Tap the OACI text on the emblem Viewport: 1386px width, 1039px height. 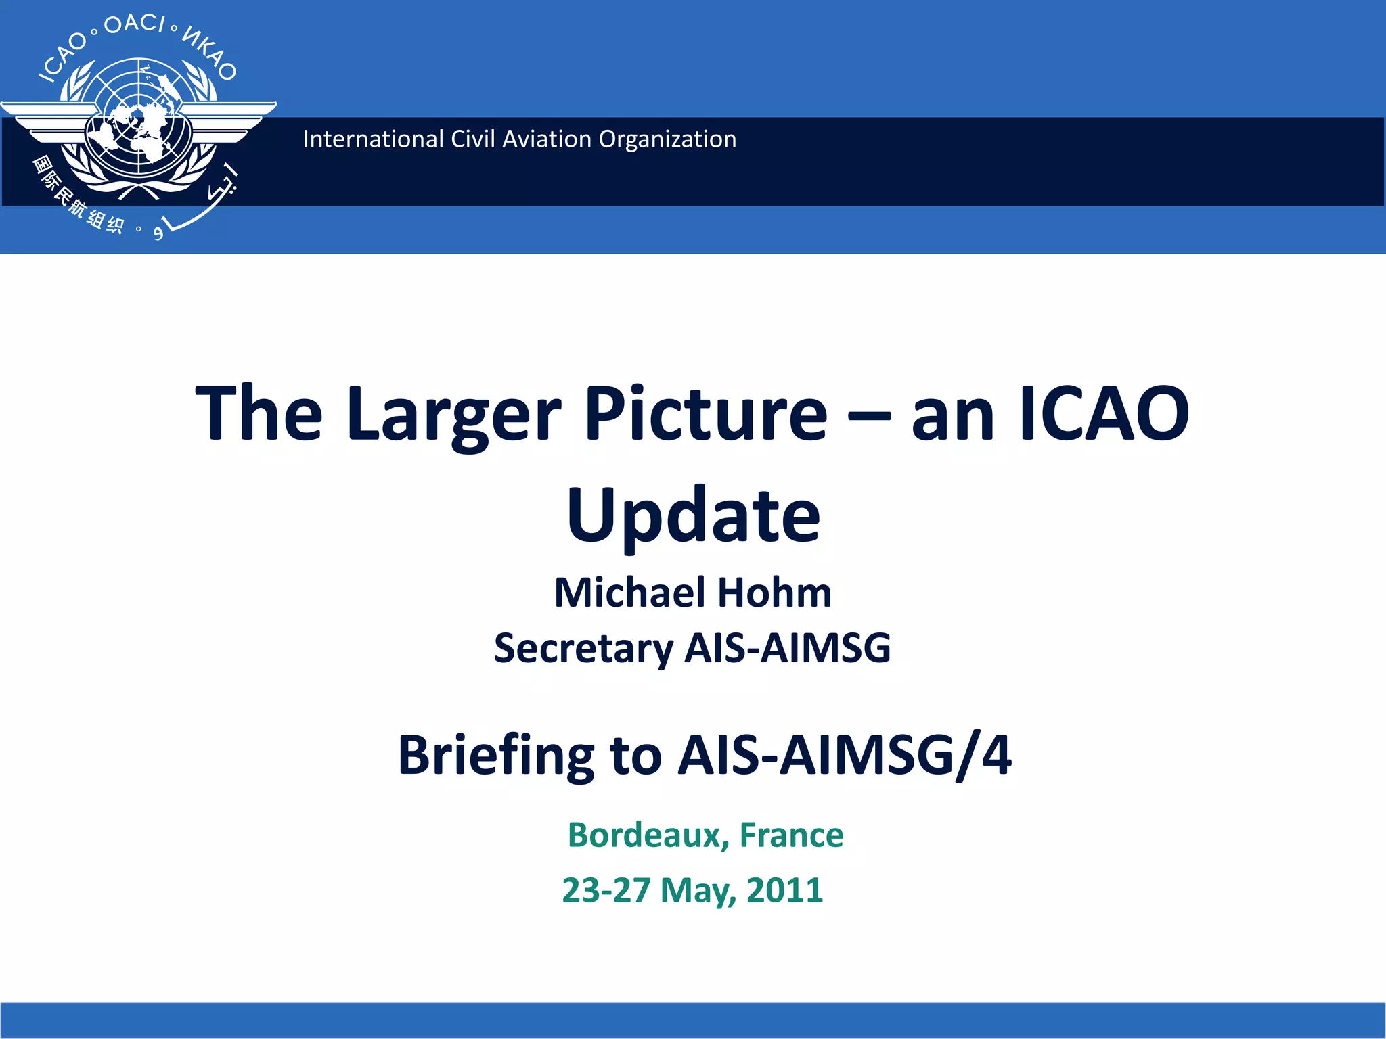tap(134, 24)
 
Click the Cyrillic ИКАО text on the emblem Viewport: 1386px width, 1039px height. tap(210, 53)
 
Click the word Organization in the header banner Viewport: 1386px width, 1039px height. tap(667, 139)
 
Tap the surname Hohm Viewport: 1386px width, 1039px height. tap(774, 593)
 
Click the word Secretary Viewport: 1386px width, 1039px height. tap(583, 648)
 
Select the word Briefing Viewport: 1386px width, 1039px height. tap(495, 755)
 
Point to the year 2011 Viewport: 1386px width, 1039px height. tap(784, 890)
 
